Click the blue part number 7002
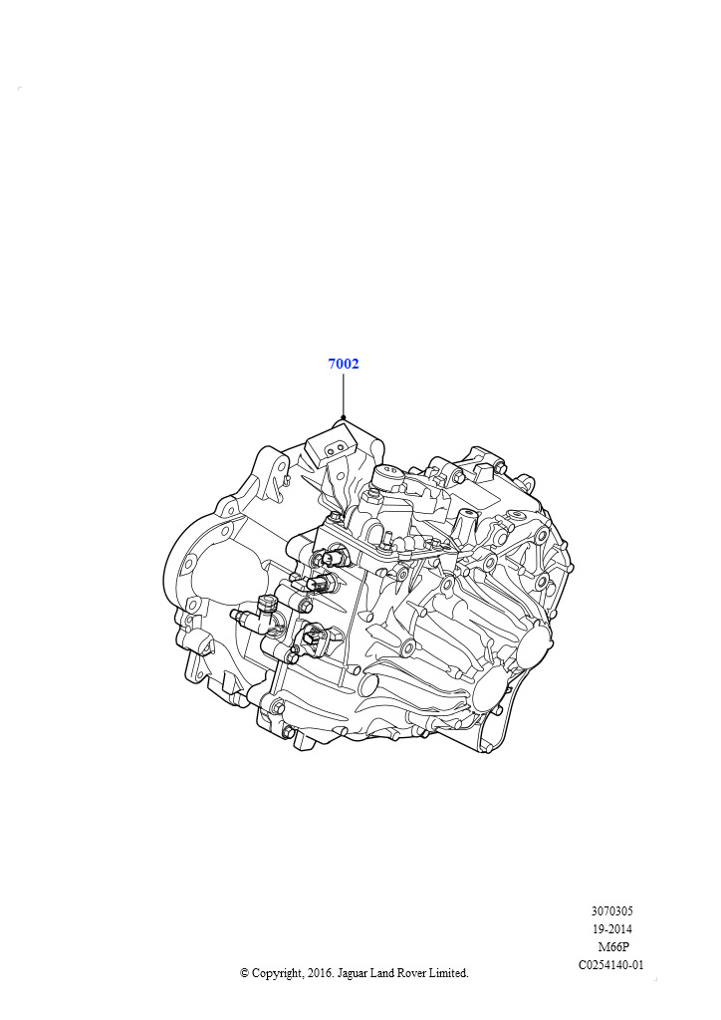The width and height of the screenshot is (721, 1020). [x=344, y=364]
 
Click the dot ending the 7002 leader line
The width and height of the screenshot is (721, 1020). [x=344, y=417]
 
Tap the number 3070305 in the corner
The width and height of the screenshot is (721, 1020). [x=611, y=911]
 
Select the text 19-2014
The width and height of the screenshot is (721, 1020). [x=611, y=929]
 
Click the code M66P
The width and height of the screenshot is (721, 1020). [x=613, y=947]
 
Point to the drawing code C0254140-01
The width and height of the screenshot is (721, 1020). [x=611, y=964]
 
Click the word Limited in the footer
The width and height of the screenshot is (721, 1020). [x=448, y=973]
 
